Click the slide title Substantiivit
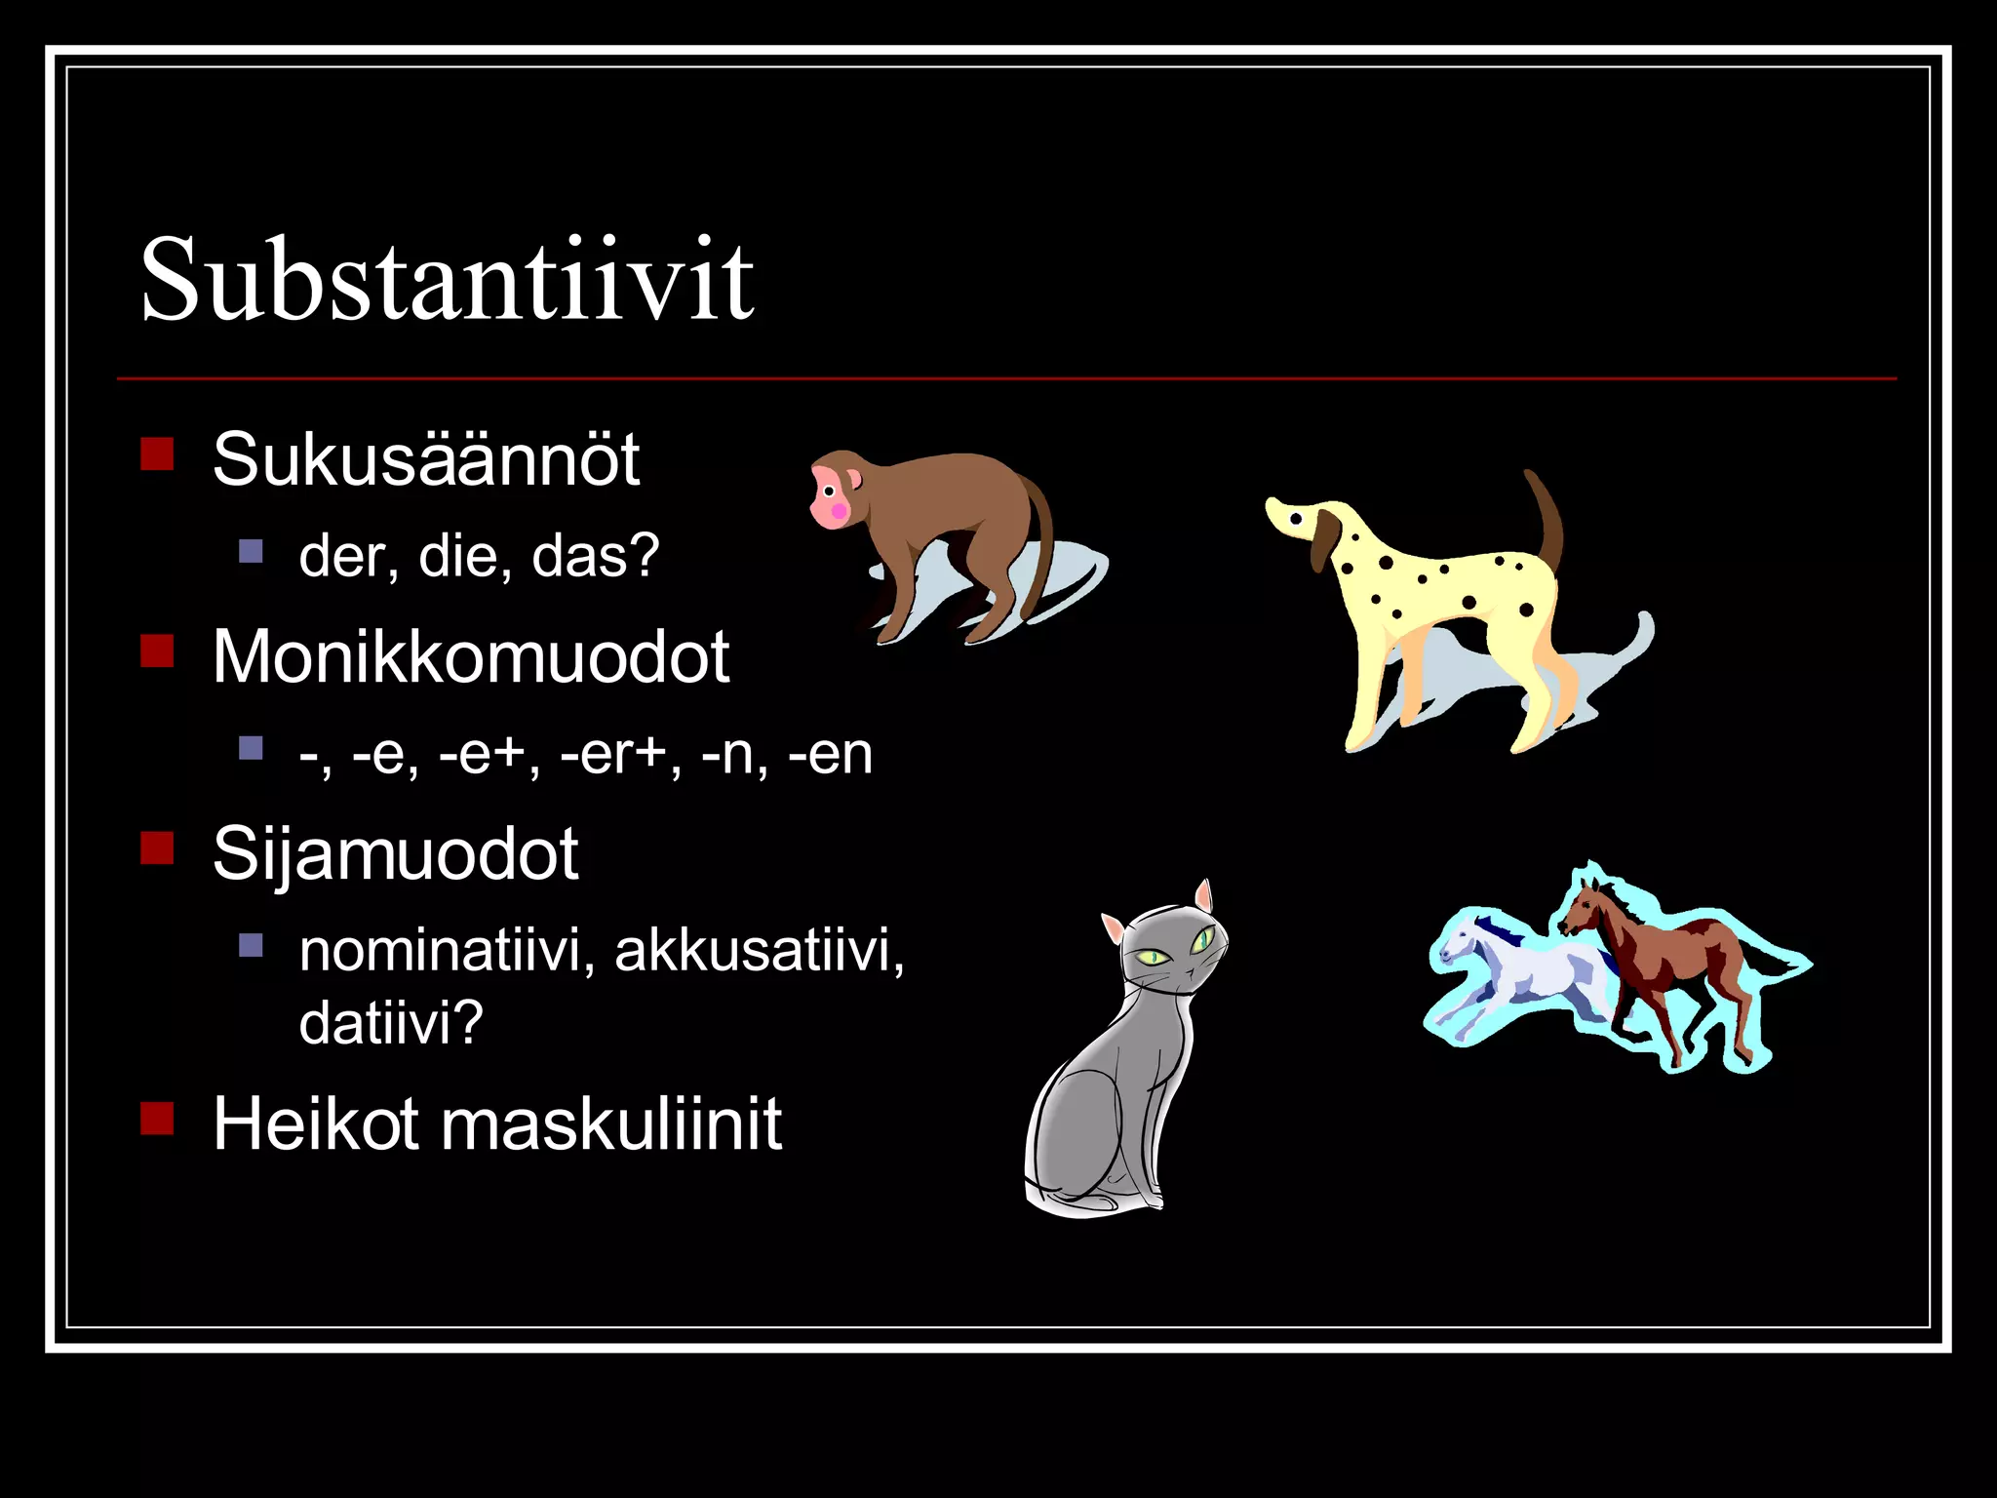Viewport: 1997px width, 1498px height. (447, 281)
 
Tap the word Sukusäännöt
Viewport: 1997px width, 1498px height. (426, 459)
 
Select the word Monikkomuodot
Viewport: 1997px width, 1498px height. (471, 656)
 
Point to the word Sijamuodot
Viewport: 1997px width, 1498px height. (395, 854)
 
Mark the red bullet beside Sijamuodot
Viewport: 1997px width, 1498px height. (157, 848)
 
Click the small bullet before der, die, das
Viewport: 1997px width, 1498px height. (251, 552)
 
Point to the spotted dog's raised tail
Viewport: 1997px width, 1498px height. (1546, 517)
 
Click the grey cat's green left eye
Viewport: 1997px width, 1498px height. (1154, 957)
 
